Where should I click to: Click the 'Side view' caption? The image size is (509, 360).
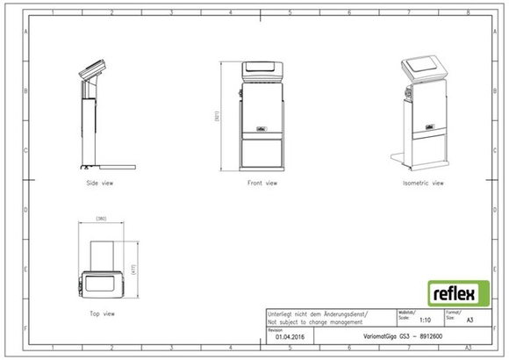(99, 184)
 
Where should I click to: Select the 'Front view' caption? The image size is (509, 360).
(262, 184)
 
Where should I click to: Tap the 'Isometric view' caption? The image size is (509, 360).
(423, 184)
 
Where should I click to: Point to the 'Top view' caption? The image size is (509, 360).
(102, 313)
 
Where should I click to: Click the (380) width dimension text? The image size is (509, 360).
(102, 216)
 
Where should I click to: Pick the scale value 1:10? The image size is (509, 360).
(426, 320)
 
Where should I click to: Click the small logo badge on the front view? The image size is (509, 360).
(262, 127)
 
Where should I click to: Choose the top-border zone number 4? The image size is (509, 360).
(230, 13)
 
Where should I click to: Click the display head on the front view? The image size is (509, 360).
(262, 68)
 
